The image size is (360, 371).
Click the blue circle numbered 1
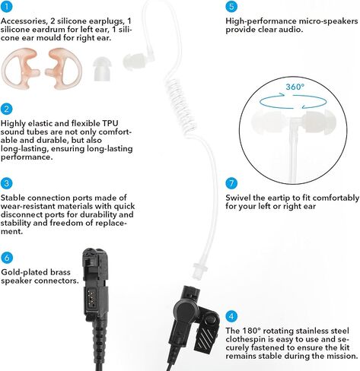(6, 6)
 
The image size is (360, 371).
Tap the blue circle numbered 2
(6, 109)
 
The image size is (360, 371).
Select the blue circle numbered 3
(6, 183)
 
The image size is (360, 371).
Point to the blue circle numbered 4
(231, 316)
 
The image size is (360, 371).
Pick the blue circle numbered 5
(231, 6)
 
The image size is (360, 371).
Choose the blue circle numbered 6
(7, 258)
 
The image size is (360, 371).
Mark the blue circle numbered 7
(231, 183)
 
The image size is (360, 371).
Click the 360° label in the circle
(295, 87)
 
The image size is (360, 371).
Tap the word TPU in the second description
(110, 123)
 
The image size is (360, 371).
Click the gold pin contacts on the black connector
(91, 298)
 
